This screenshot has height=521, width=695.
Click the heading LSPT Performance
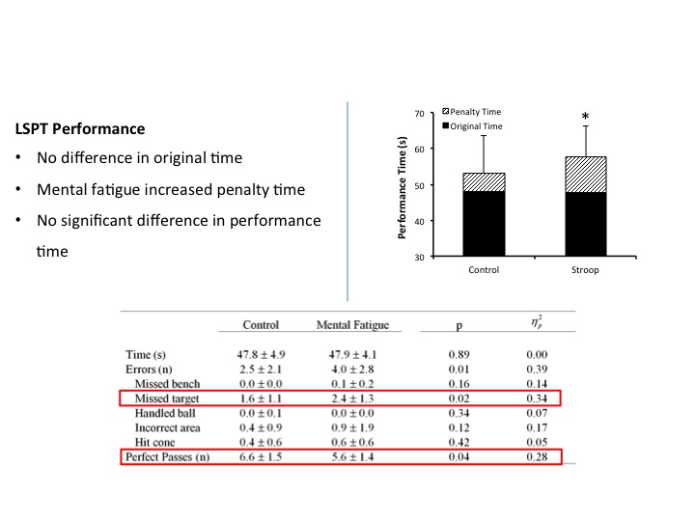[80, 128]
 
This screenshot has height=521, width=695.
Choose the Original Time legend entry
[477, 126]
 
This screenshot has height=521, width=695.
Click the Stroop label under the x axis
[585, 270]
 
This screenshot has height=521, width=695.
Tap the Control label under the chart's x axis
[485, 270]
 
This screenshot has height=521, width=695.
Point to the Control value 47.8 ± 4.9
[261, 354]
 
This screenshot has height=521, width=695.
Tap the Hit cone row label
[160, 441]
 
